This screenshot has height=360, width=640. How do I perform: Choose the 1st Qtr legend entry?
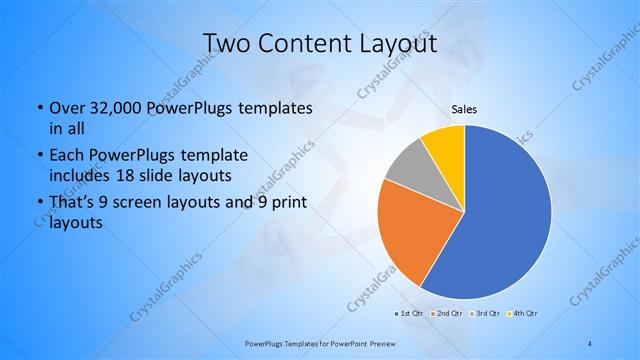pos(410,315)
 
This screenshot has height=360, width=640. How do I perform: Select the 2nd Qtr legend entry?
pos(447,315)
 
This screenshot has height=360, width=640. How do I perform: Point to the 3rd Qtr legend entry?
pos(486,315)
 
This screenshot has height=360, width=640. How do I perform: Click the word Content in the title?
pos(303,43)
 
